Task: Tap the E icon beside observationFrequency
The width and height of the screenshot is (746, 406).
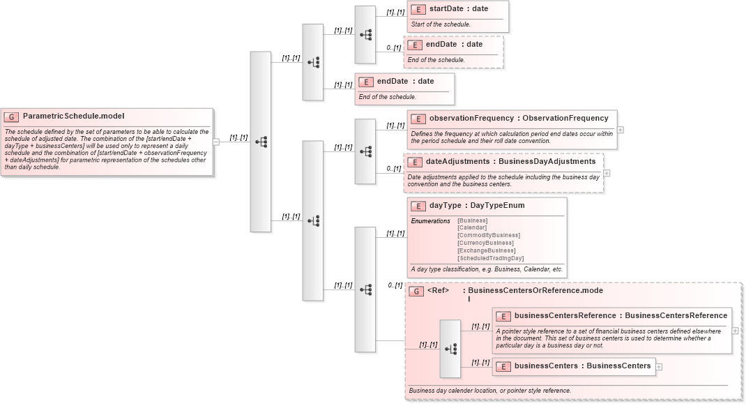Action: [x=418, y=119]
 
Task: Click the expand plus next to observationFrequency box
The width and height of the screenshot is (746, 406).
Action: [x=621, y=130]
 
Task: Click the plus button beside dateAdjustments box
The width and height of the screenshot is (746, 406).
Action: [x=607, y=173]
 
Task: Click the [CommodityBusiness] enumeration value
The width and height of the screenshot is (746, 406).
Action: [x=488, y=235]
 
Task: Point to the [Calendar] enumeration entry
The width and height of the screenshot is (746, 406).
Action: [x=472, y=227]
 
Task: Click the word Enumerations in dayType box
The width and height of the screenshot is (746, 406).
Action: [x=430, y=221]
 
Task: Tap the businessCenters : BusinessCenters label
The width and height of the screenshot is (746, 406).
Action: [x=582, y=366]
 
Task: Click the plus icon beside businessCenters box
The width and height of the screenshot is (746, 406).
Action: [x=659, y=367]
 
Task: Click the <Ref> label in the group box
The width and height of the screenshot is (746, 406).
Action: [x=438, y=290]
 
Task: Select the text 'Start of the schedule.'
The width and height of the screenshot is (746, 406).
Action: [x=441, y=24]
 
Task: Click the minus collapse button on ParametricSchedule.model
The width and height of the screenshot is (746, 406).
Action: [x=216, y=142]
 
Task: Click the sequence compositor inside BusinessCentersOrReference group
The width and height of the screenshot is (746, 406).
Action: [x=450, y=349]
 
